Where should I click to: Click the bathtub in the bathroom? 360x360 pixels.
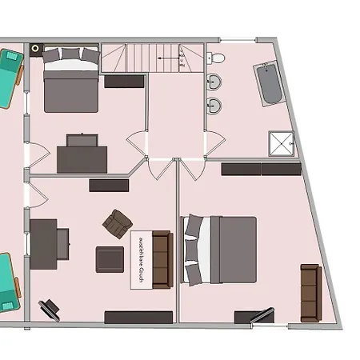(x=269, y=83)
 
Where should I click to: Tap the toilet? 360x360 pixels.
(x=214, y=57)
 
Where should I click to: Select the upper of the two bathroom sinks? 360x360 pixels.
(x=214, y=82)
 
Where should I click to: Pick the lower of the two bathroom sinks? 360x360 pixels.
(x=214, y=106)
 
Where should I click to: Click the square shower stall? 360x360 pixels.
(x=281, y=143)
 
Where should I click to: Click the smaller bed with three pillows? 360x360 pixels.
(x=70, y=80)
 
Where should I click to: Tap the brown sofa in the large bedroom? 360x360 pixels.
(x=310, y=292)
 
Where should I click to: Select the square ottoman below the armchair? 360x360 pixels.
(x=110, y=259)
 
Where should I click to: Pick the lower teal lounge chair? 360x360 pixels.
(x=7, y=282)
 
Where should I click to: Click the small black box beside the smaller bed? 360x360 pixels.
(x=35, y=50)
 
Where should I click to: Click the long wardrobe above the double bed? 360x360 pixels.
(x=261, y=169)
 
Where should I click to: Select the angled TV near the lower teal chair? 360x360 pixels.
(x=50, y=308)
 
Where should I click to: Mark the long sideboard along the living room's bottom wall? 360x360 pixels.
(x=138, y=317)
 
